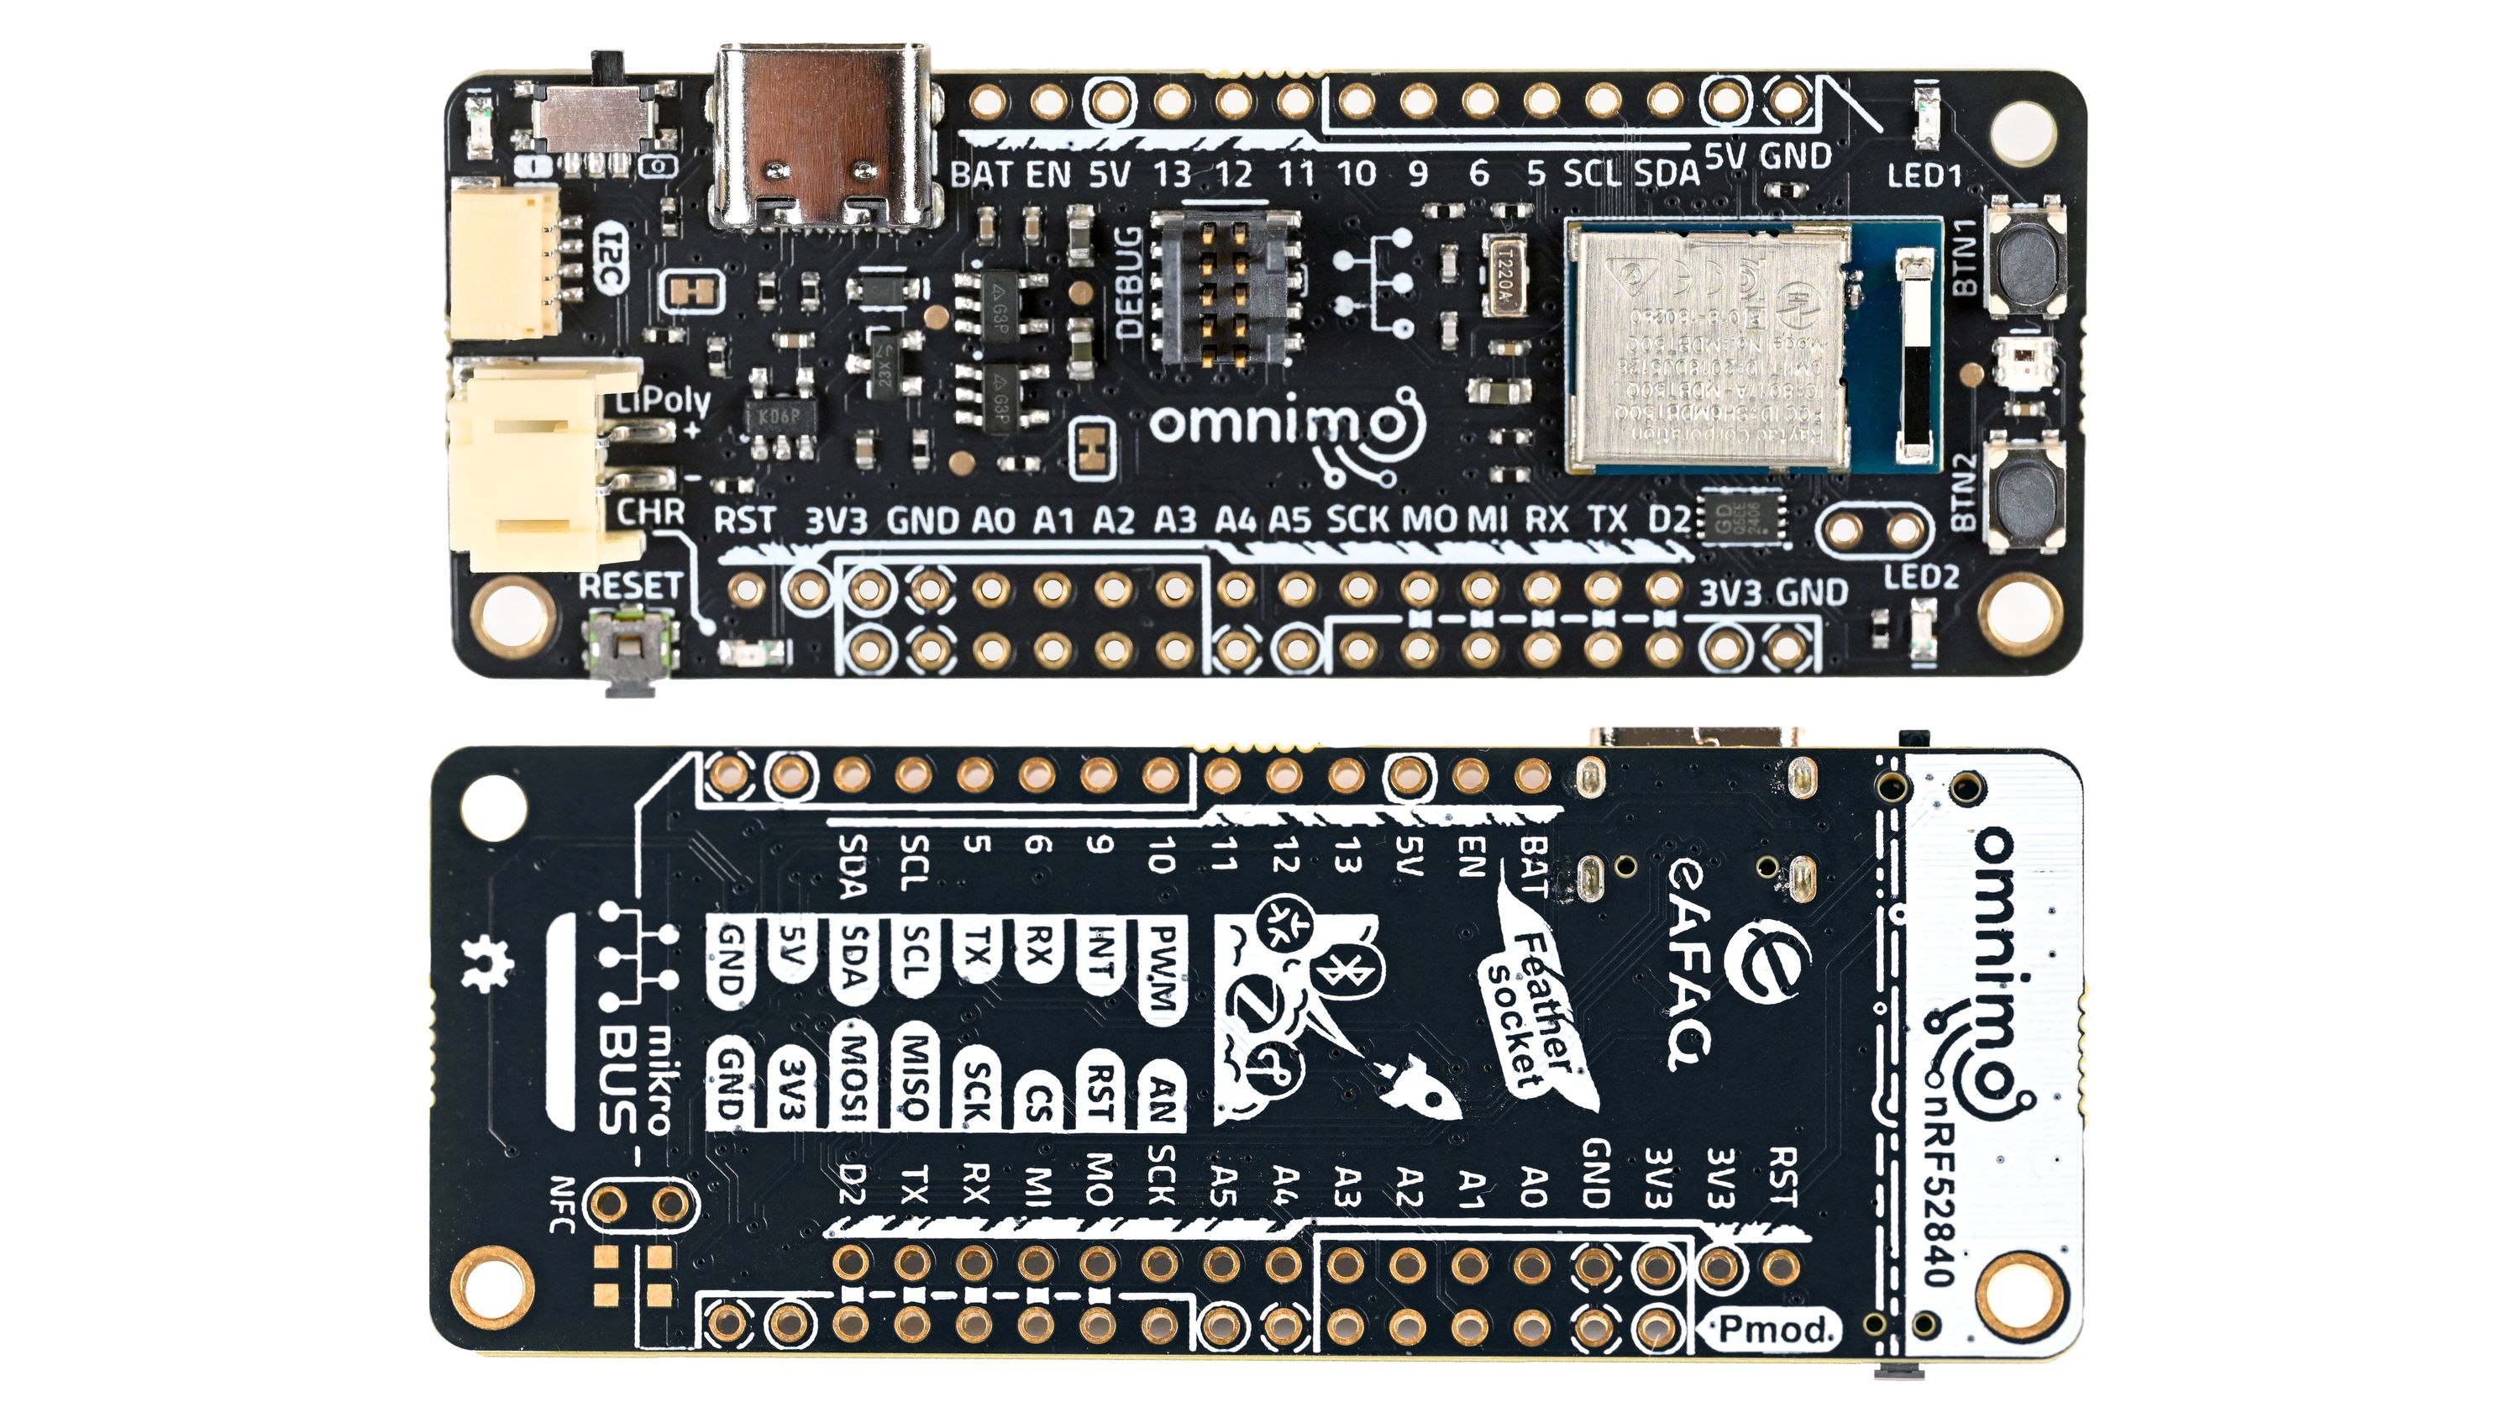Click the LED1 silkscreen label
point(1924,177)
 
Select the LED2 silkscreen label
point(1920,577)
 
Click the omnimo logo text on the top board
point(1272,423)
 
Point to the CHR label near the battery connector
point(650,511)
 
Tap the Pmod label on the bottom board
point(1773,1329)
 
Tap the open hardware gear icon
point(486,963)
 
